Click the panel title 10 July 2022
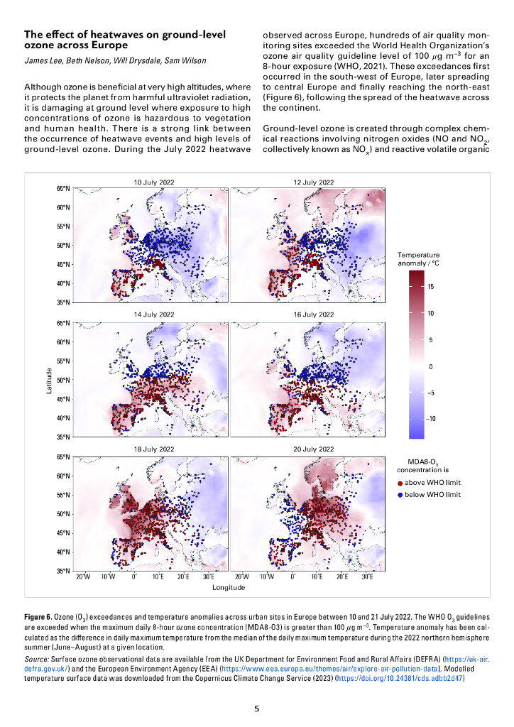click(154, 182)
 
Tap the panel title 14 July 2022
click(154, 315)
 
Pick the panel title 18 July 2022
click(154, 449)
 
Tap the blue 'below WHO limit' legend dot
click(400, 494)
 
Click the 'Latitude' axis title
click(49, 381)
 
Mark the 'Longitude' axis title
click(229, 587)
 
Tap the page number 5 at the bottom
click(257, 709)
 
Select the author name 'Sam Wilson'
click(187, 61)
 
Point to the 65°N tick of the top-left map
click(62, 189)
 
